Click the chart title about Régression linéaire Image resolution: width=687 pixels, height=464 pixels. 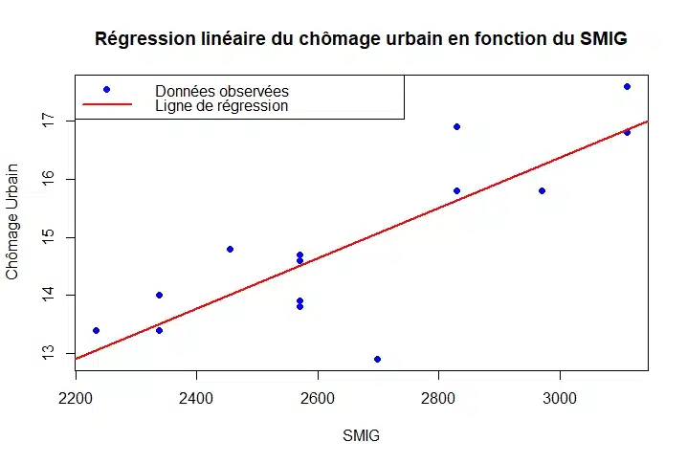[x=362, y=39]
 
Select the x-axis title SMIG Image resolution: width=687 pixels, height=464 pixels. [x=361, y=436]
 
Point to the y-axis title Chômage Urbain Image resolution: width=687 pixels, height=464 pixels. [x=12, y=226]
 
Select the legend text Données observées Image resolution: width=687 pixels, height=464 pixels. [x=222, y=91]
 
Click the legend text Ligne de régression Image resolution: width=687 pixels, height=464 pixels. [x=222, y=106]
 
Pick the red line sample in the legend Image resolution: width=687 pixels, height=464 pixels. [x=106, y=104]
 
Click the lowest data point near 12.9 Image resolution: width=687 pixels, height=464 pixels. [x=377, y=359]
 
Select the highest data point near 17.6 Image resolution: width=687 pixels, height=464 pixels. [x=627, y=86]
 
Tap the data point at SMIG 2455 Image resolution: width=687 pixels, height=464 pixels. [x=230, y=249]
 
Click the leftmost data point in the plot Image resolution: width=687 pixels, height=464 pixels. [x=96, y=330]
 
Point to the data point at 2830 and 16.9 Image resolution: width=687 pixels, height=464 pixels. [x=456, y=126]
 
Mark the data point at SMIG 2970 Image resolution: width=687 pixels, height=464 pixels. [x=542, y=190]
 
